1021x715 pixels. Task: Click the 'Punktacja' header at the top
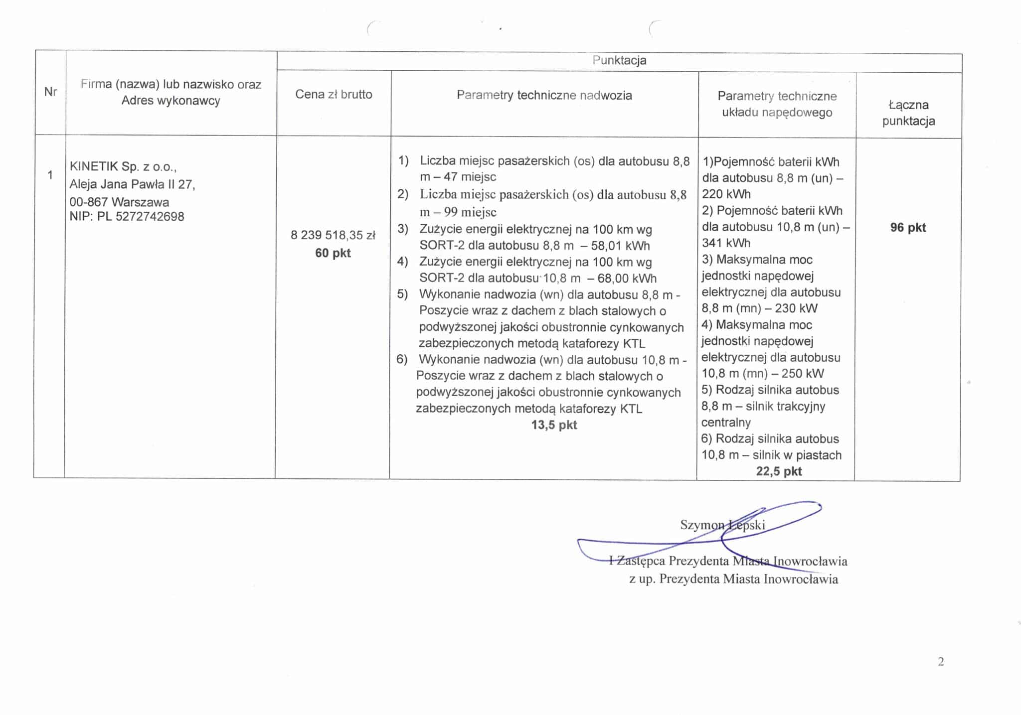[x=619, y=60]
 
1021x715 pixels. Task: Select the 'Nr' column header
[x=50, y=92]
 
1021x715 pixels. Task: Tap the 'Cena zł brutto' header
[x=334, y=94]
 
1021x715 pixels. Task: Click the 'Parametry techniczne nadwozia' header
[x=544, y=95]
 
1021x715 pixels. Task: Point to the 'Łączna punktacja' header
[x=908, y=113]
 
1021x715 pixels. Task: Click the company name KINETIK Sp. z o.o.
[x=123, y=166]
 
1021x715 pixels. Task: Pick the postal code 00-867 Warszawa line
[x=119, y=202]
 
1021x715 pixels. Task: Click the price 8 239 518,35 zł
[x=333, y=235]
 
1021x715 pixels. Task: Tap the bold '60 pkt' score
[x=333, y=253]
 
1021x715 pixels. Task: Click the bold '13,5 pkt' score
[x=554, y=425]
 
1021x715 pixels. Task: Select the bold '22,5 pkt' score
[x=779, y=471]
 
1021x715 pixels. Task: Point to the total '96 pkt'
[x=908, y=228]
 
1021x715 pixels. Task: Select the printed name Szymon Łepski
[x=722, y=525]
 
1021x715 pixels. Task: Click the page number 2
[x=941, y=662]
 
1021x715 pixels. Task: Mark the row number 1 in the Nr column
[x=50, y=175]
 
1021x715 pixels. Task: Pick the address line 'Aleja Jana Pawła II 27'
[x=132, y=184]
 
